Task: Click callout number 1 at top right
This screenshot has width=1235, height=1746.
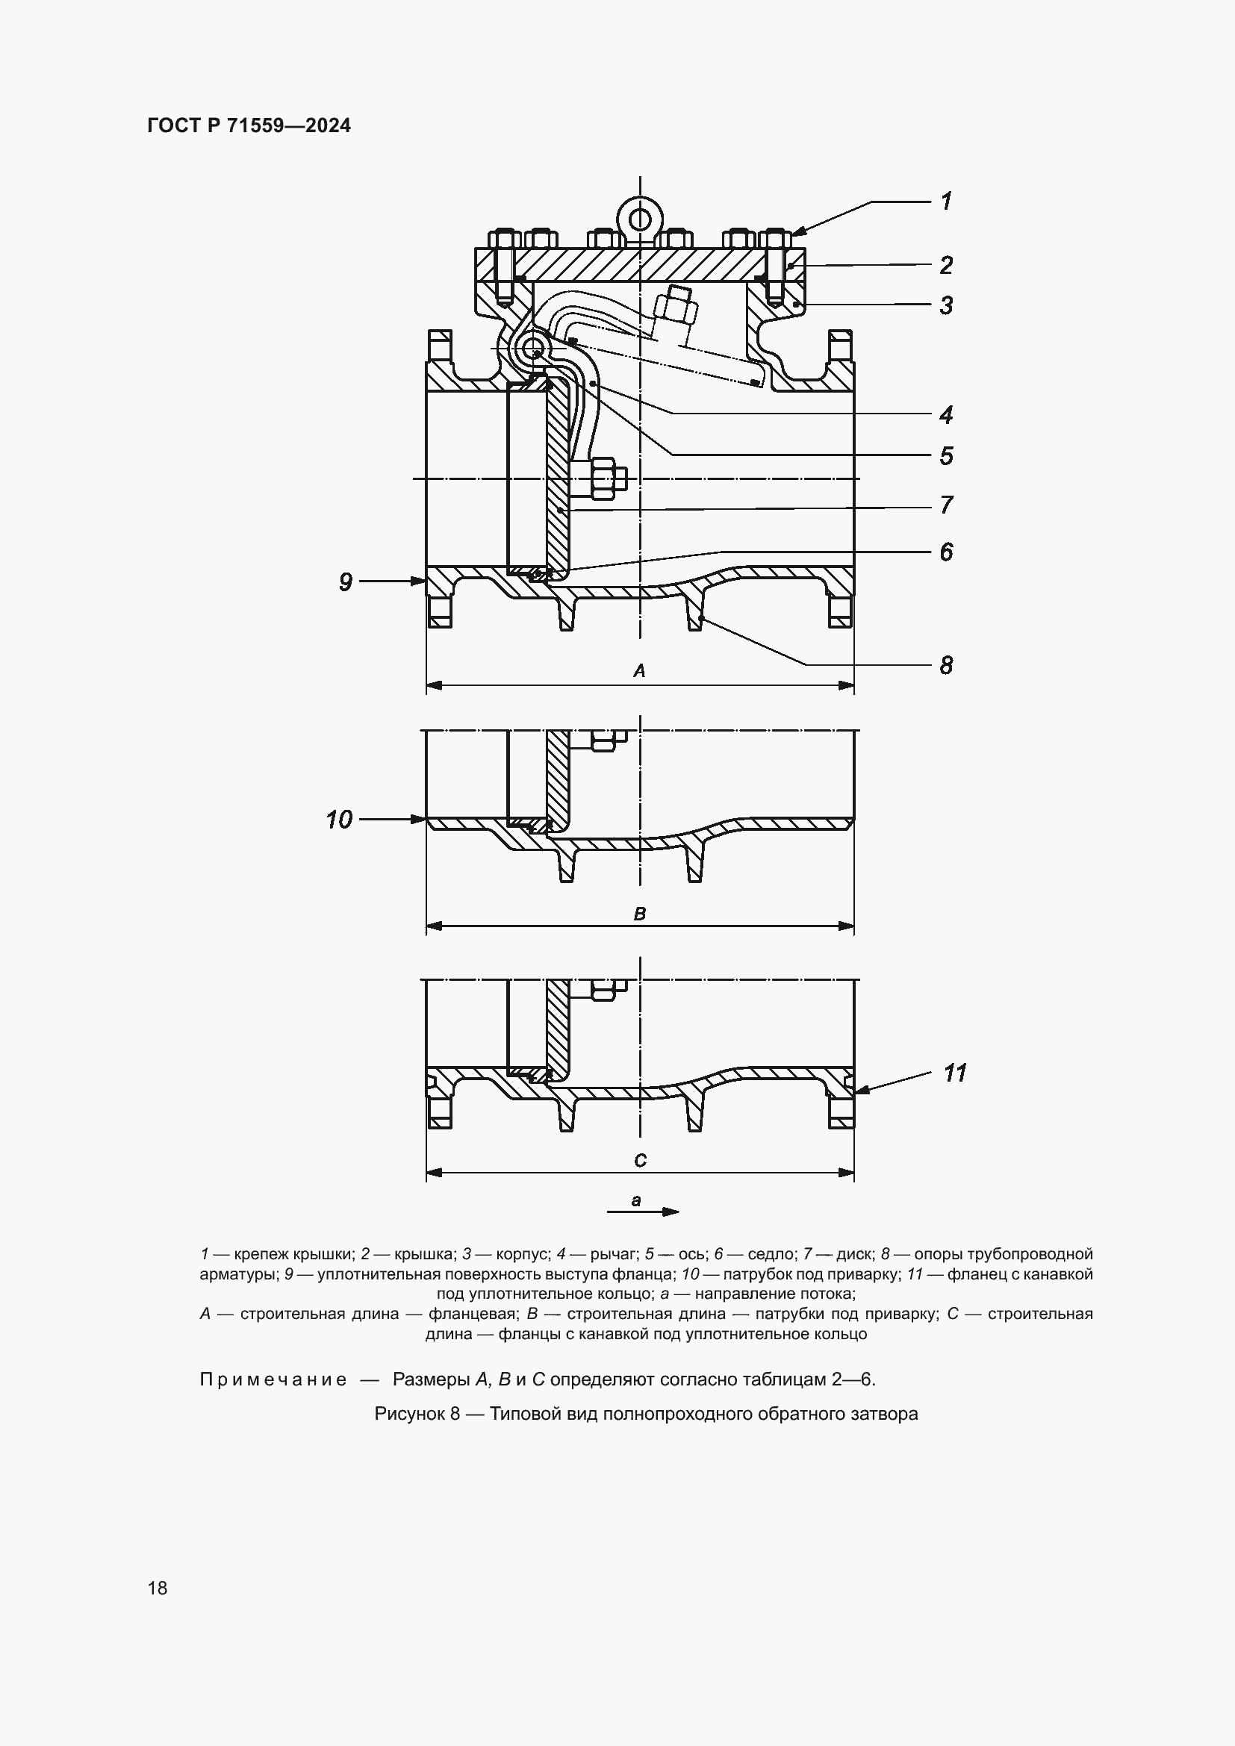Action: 946,202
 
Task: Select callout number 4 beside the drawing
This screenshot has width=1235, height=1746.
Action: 946,415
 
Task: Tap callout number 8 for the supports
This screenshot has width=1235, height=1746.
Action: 946,665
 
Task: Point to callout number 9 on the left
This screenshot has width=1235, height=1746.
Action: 346,582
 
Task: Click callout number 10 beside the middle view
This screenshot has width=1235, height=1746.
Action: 339,820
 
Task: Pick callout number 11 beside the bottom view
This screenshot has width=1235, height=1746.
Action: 954,1073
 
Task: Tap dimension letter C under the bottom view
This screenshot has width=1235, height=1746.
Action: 640,1161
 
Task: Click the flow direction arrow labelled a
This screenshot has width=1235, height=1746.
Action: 654,1212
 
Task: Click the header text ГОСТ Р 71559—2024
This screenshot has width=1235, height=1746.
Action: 249,126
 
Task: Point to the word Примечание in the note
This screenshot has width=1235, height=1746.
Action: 273,1379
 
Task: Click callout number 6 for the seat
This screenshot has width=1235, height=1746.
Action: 946,552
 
